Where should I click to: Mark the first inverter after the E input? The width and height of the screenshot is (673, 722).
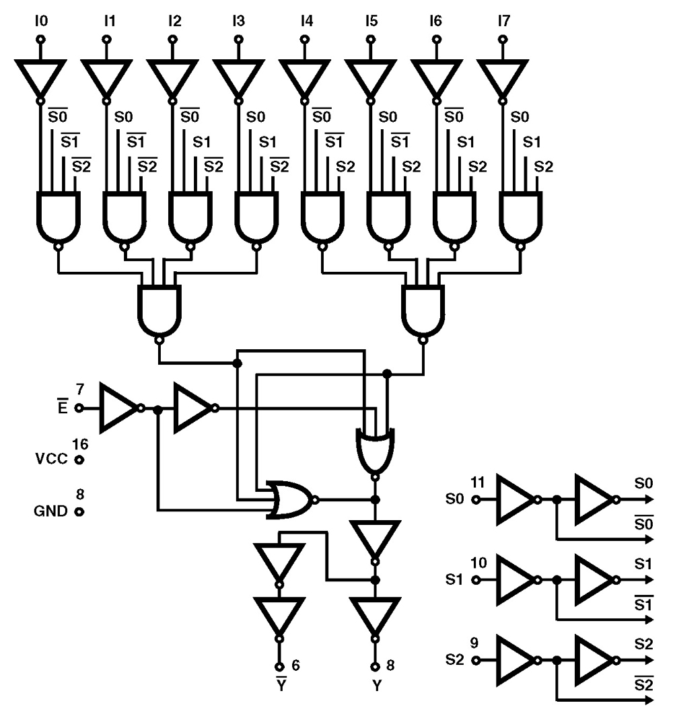pos(118,408)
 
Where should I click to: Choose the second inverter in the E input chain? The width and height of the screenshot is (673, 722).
pos(192,408)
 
